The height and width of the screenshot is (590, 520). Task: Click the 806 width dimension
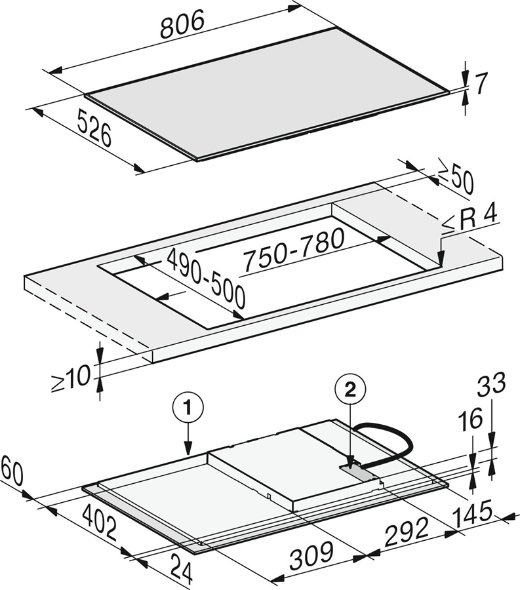(x=183, y=24)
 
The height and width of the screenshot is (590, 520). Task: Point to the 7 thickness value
(x=481, y=83)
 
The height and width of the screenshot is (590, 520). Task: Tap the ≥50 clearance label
(x=456, y=181)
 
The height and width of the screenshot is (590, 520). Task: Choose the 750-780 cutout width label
(x=294, y=250)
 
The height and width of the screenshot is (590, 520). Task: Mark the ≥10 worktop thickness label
(x=71, y=378)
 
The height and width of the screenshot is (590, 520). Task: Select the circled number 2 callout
(x=350, y=391)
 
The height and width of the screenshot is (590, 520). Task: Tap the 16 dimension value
(x=470, y=419)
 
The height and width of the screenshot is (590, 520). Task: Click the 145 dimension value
(x=473, y=513)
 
